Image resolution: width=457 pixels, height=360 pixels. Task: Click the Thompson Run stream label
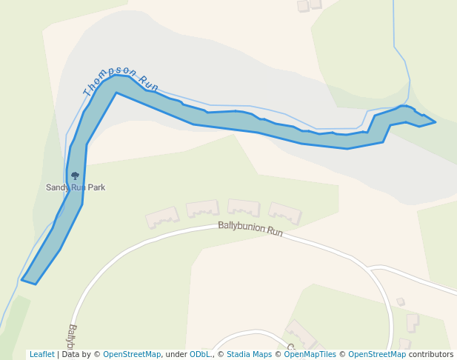(x=121, y=81)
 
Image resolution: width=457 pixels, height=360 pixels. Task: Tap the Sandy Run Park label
(x=76, y=187)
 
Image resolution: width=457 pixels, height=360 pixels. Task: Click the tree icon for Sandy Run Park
(x=75, y=176)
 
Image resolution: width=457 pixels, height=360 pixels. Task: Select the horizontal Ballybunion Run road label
(x=250, y=229)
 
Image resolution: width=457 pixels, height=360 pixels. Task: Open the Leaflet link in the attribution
(x=42, y=355)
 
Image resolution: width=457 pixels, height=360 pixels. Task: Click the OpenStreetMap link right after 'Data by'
(x=132, y=355)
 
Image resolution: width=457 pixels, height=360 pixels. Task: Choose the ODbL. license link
(x=200, y=355)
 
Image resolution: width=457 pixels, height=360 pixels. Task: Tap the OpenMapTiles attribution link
(x=310, y=355)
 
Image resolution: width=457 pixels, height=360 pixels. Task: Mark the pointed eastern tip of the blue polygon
(x=434, y=121)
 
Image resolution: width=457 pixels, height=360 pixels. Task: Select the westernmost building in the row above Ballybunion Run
(x=162, y=217)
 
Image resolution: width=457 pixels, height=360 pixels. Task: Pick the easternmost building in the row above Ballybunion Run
(x=284, y=213)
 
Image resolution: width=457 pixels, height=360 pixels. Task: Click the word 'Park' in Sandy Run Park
(x=96, y=187)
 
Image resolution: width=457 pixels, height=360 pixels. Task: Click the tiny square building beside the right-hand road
(x=401, y=301)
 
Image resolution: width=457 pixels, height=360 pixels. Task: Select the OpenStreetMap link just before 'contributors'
(x=376, y=355)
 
